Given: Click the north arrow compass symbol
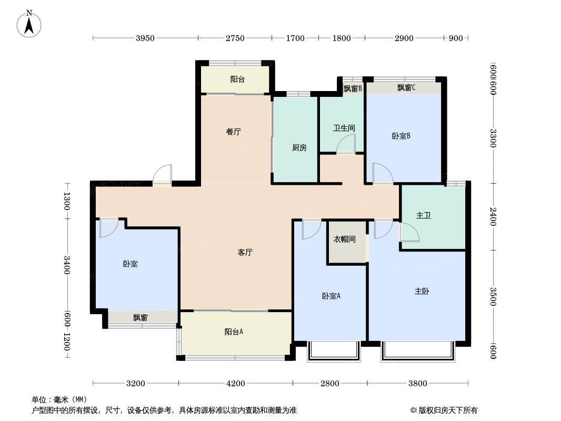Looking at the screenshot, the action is click(x=29, y=24).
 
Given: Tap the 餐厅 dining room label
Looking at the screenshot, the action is click(x=233, y=132).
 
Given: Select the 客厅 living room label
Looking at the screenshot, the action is click(x=245, y=252).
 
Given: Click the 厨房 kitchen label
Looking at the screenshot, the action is click(x=299, y=147).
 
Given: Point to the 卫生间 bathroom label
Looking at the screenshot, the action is click(x=344, y=128).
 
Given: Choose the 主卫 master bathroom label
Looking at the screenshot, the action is click(x=423, y=215).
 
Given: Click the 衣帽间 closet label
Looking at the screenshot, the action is click(x=345, y=239).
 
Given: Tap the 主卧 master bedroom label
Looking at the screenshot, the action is click(x=422, y=291).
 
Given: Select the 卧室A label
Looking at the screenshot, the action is click(x=331, y=296).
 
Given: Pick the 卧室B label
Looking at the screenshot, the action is click(x=401, y=136).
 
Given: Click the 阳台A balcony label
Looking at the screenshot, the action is click(x=234, y=332).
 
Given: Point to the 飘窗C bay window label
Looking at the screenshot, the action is click(x=406, y=88).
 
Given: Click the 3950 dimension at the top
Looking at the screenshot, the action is click(x=145, y=38).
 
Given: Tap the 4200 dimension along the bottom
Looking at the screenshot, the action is click(x=236, y=384).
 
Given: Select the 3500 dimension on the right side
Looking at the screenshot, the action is click(x=493, y=296).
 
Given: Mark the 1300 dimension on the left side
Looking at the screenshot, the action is click(x=67, y=201).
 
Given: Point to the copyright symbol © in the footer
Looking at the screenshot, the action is click(x=413, y=410).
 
